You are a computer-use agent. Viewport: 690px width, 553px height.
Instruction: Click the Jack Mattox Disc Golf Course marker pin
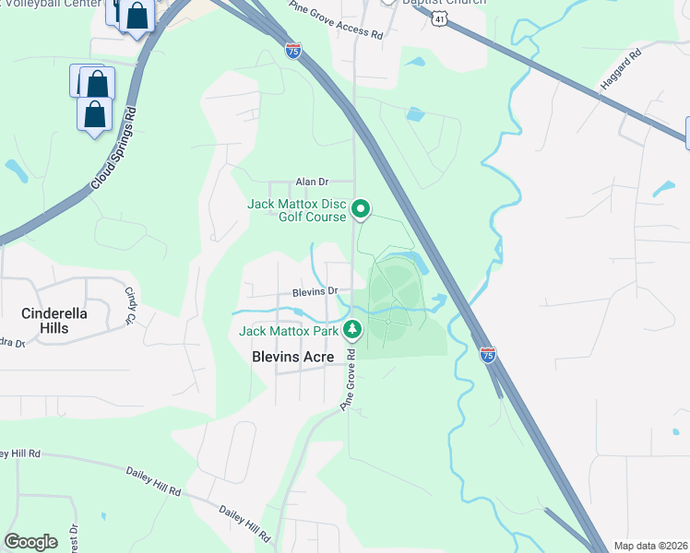pyautogui.click(x=362, y=211)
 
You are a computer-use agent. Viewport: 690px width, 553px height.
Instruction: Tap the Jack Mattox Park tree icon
pyautogui.click(x=351, y=329)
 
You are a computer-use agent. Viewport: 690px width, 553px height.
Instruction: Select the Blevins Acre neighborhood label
pyautogui.click(x=293, y=357)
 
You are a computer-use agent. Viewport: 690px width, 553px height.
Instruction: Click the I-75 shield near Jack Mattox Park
pyautogui.click(x=488, y=354)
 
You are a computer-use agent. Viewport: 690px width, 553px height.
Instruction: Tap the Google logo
pyautogui.click(x=31, y=541)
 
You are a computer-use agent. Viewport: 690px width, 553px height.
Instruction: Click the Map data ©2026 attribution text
pyautogui.click(x=649, y=546)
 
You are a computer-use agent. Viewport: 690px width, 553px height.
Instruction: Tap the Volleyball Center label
pyautogui.click(x=51, y=4)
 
